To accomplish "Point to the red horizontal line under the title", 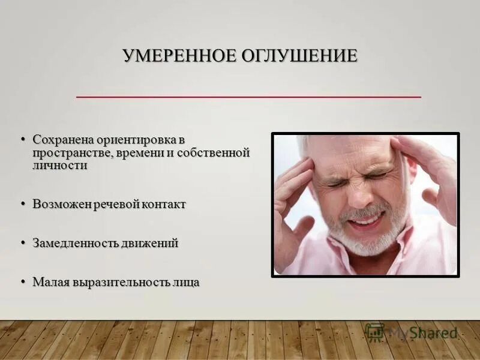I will point(248,96).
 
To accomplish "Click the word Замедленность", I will point(76,244).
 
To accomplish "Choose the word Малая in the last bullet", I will point(50,282).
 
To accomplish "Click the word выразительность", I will point(122,282).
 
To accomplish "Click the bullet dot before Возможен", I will point(24,205).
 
